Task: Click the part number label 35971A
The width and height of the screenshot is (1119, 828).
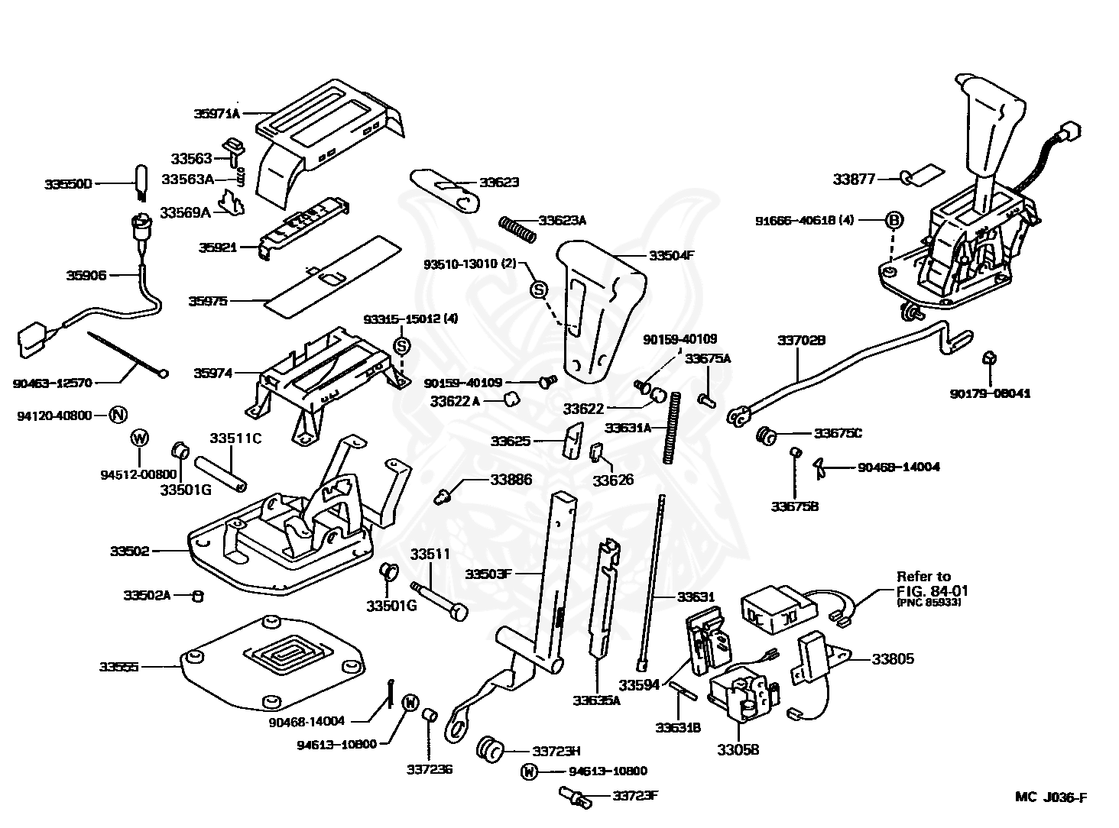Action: point(216,114)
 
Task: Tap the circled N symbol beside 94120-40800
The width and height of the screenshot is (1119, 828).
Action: point(117,416)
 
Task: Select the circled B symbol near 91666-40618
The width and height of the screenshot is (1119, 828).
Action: point(894,220)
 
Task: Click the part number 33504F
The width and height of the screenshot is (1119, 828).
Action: point(671,256)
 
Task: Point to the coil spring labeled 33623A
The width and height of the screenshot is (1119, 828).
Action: point(517,226)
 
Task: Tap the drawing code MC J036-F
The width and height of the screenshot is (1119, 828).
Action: point(1051,797)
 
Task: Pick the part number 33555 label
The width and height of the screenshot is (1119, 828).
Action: point(118,667)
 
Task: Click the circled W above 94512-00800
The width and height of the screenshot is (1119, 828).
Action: point(140,438)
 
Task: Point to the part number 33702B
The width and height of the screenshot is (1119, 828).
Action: point(802,339)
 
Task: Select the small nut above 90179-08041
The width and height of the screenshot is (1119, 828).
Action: point(988,357)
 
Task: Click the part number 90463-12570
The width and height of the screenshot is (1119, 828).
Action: point(52,383)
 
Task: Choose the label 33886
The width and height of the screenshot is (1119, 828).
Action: point(511,480)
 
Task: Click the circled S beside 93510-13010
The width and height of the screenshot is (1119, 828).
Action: point(538,289)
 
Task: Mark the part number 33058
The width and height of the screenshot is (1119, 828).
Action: point(738,749)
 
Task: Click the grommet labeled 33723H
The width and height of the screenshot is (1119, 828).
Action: point(488,750)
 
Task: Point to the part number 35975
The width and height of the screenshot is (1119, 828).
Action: point(208,302)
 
